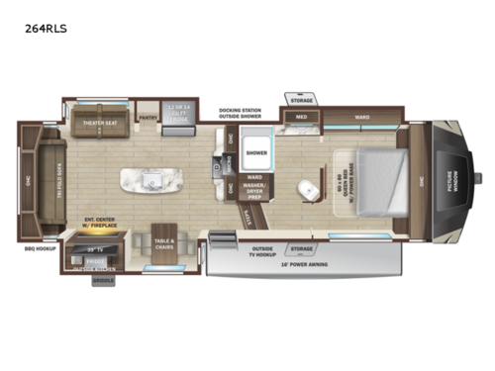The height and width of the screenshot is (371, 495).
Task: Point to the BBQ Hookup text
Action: [x=40, y=248]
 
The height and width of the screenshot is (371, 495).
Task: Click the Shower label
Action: [x=257, y=153]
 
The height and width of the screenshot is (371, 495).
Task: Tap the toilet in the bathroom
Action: [x=308, y=188]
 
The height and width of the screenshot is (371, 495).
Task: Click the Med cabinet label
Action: [x=300, y=118]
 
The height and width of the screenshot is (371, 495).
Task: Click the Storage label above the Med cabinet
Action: [x=301, y=99]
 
